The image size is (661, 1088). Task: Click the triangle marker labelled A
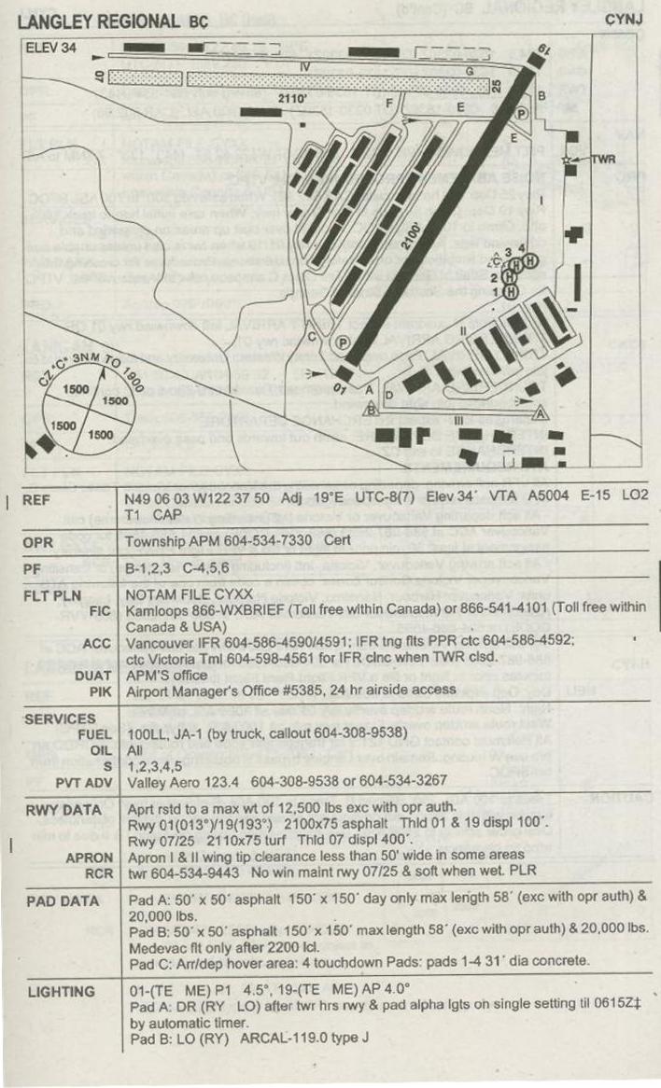[x=539, y=411]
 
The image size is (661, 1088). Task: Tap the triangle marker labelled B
[x=371, y=408]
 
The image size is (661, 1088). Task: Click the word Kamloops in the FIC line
[x=158, y=609]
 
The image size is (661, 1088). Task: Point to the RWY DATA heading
[x=63, y=810]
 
